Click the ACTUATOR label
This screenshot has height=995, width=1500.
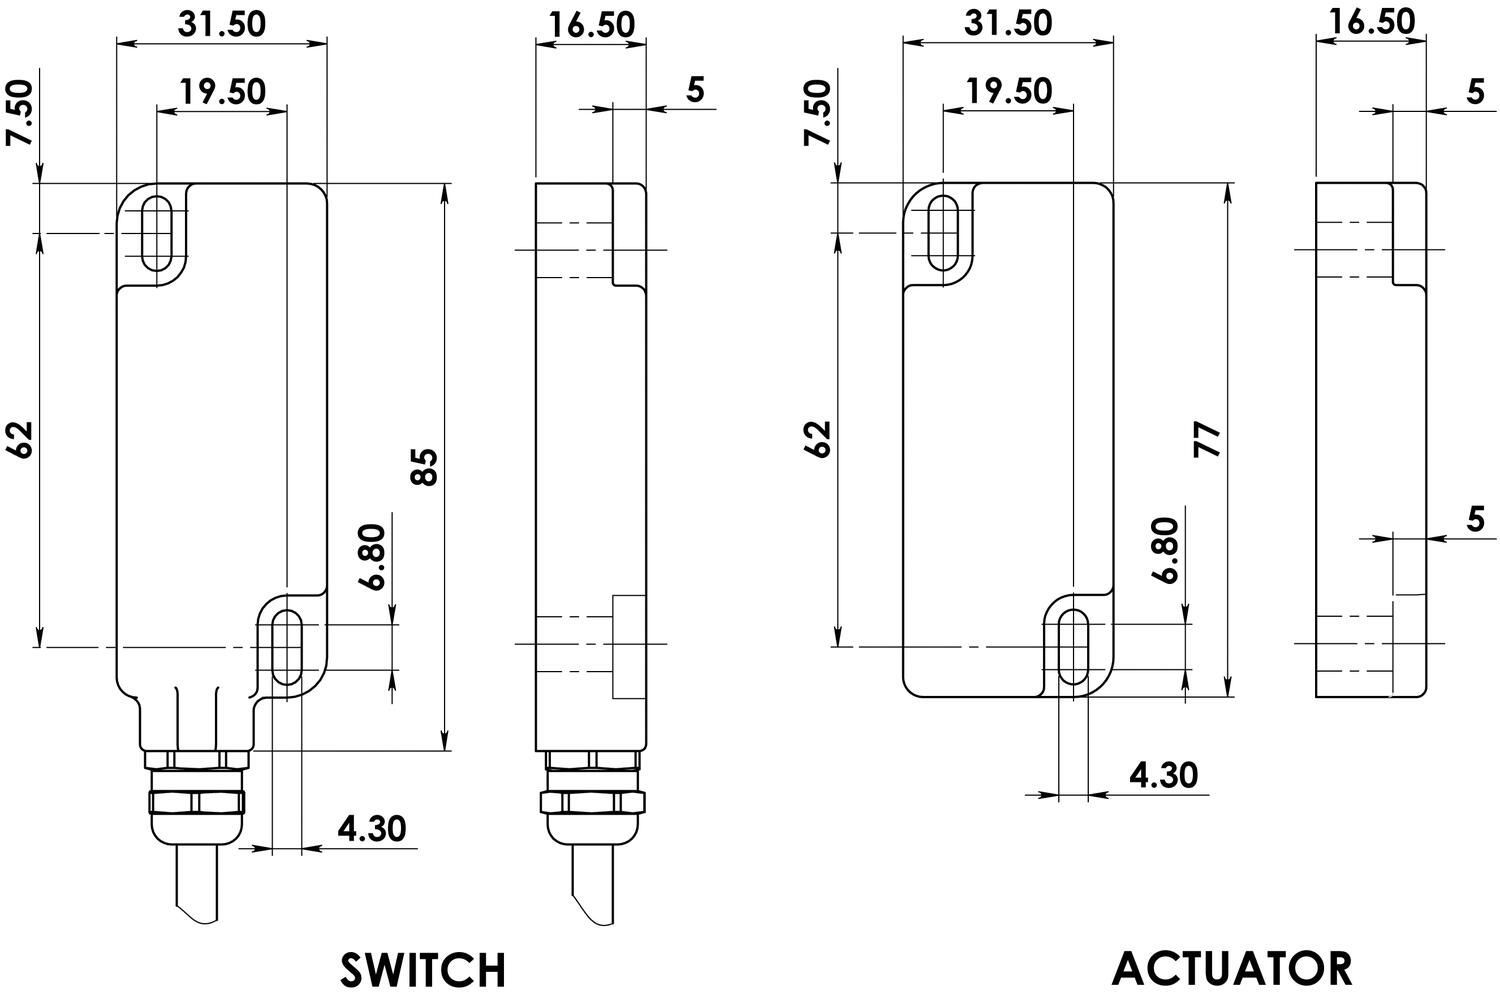[1232, 967]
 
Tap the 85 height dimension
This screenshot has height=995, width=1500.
[425, 466]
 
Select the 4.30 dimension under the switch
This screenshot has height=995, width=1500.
[372, 829]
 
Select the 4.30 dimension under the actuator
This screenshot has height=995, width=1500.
[1163, 775]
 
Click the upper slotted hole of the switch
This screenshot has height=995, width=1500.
[157, 234]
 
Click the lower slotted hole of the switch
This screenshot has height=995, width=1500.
[287, 647]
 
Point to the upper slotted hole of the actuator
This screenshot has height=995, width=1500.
[943, 234]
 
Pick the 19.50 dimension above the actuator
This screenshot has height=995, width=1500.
[1008, 91]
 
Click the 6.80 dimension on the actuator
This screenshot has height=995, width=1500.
[1166, 549]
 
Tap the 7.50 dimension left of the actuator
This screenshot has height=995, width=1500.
[818, 112]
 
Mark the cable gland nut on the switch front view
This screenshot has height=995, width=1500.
[196, 801]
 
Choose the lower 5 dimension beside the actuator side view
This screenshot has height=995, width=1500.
[1475, 519]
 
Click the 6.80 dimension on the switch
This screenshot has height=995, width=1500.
[375, 556]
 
